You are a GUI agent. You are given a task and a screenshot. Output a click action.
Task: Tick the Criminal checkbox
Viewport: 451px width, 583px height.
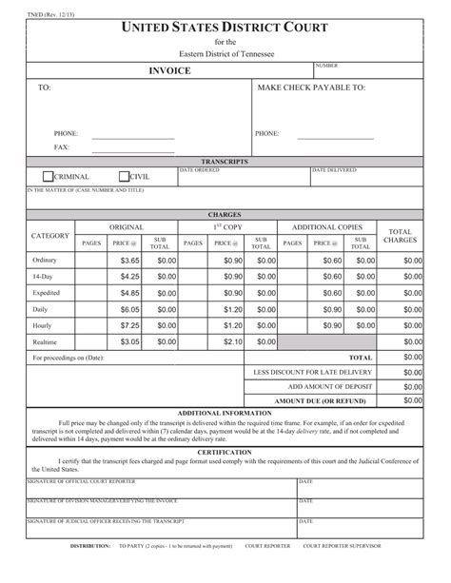[x=49, y=176]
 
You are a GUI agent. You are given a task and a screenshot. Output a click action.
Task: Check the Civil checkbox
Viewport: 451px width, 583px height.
[x=124, y=176]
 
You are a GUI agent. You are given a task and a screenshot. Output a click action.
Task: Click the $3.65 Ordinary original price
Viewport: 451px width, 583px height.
[x=130, y=260]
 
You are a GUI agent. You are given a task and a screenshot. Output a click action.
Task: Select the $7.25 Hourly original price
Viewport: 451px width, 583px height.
[x=130, y=324]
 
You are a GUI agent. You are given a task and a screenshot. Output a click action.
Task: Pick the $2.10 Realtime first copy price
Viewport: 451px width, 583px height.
[x=233, y=341]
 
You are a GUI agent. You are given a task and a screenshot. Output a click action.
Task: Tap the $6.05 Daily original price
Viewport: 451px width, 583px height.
[x=130, y=308]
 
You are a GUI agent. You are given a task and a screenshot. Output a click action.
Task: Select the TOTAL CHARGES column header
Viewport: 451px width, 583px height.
[x=400, y=235]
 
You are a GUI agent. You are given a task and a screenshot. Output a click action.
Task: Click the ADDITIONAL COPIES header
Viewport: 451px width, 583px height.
[x=326, y=227]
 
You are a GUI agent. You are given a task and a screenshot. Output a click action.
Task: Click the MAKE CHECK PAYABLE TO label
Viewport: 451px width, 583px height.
[x=311, y=87]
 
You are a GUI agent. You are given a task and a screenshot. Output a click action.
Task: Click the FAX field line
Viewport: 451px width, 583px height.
[x=132, y=148]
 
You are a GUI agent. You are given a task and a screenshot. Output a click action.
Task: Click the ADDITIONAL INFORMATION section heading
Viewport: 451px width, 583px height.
[x=225, y=412]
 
